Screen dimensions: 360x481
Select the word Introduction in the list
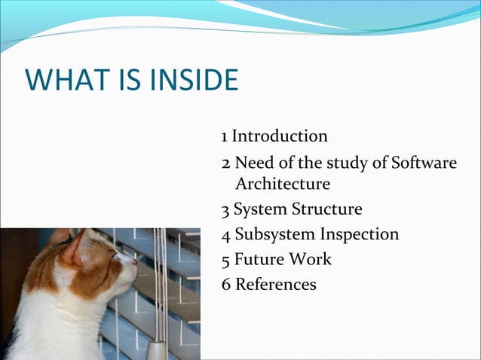pos(280,136)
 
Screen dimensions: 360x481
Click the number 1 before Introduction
pos(225,137)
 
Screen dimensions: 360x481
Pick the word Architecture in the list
pos(283,184)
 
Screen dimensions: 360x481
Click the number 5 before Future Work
pos(226,261)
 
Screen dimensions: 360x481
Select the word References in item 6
pos(275,285)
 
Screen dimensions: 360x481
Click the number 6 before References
pos(226,285)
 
